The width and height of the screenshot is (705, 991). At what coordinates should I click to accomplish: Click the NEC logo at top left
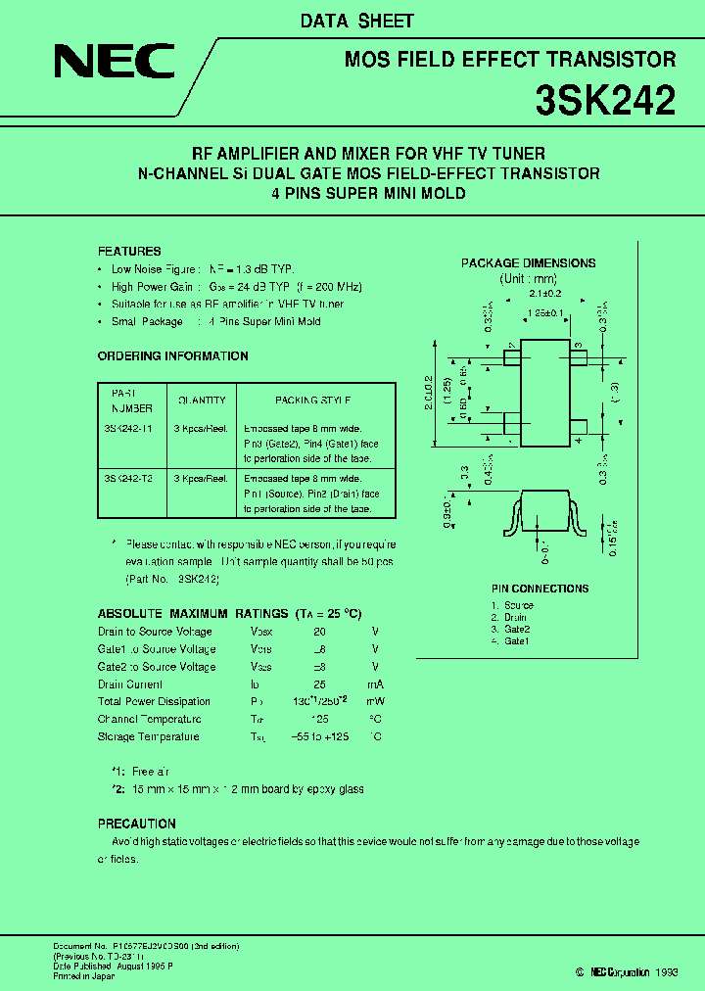[x=115, y=65]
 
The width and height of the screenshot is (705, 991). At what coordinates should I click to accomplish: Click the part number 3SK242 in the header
[x=605, y=100]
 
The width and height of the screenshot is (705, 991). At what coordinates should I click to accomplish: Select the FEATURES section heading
[x=129, y=252]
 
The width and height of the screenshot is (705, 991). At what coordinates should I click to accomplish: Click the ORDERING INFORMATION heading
[x=173, y=356]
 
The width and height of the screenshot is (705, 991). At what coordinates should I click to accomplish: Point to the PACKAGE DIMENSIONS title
[x=528, y=263]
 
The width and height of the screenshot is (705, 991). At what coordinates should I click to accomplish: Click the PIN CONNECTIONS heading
[x=540, y=589]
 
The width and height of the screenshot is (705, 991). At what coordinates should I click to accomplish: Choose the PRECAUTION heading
[x=137, y=824]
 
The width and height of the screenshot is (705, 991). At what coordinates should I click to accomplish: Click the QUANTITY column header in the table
[x=202, y=400]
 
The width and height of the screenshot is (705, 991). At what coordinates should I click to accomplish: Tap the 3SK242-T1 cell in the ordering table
[x=127, y=428]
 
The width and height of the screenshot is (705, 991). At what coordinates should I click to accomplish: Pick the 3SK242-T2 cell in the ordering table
[x=128, y=479]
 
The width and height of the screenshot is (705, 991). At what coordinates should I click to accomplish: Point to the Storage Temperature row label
[x=148, y=736]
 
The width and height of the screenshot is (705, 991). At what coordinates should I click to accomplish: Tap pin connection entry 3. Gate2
[x=510, y=629]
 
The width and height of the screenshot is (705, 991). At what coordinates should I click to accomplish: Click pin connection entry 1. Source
[x=512, y=605]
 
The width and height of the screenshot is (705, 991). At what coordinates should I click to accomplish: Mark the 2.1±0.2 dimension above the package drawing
[x=543, y=293]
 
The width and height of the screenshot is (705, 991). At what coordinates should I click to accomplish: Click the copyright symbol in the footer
[x=581, y=971]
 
